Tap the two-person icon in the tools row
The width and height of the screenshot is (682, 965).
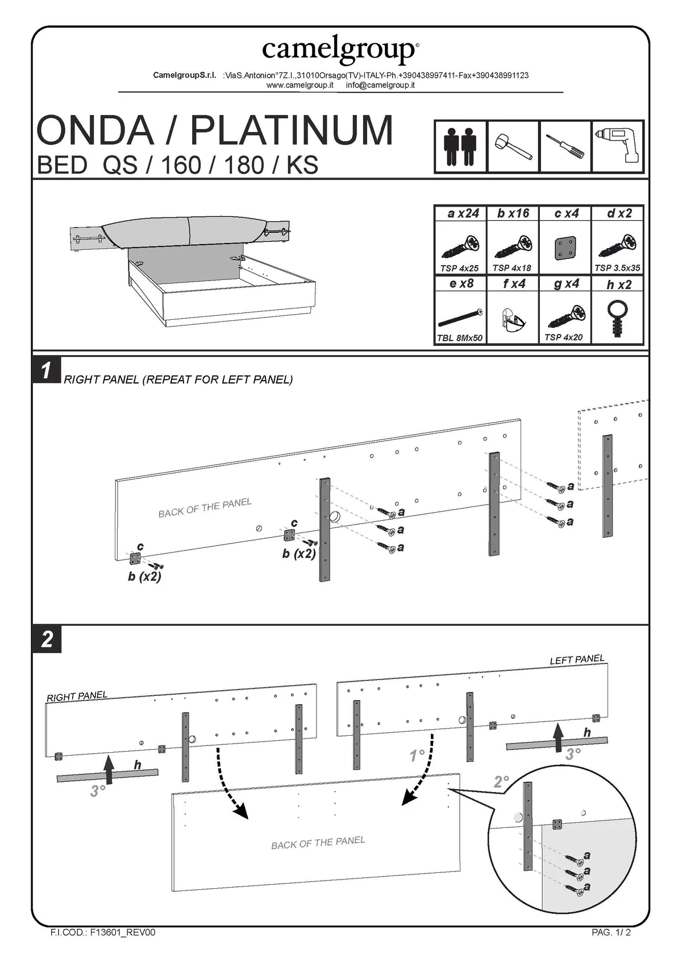(x=460, y=146)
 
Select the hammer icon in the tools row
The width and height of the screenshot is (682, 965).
(x=513, y=147)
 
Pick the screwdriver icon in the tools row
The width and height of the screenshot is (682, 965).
(x=565, y=147)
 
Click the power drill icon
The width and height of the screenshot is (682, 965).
(x=618, y=146)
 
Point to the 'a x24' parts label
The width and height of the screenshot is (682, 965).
(x=463, y=213)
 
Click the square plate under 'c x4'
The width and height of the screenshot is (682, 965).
(x=566, y=247)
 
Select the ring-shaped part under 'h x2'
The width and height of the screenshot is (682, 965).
(x=617, y=317)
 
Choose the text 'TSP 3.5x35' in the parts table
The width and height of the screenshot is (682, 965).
(x=617, y=268)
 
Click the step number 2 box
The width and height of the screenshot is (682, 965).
(x=47, y=639)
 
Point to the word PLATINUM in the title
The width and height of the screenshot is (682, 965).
(x=291, y=130)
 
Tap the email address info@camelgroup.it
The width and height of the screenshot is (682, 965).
(x=380, y=85)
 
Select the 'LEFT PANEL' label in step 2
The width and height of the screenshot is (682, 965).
(x=577, y=659)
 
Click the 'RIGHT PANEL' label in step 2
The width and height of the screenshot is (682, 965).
(x=77, y=696)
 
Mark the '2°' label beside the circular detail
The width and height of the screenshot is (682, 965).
(x=501, y=782)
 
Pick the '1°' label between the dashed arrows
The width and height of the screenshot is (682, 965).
(x=417, y=756)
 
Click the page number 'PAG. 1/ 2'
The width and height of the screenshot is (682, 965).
(x=611, y=933)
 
